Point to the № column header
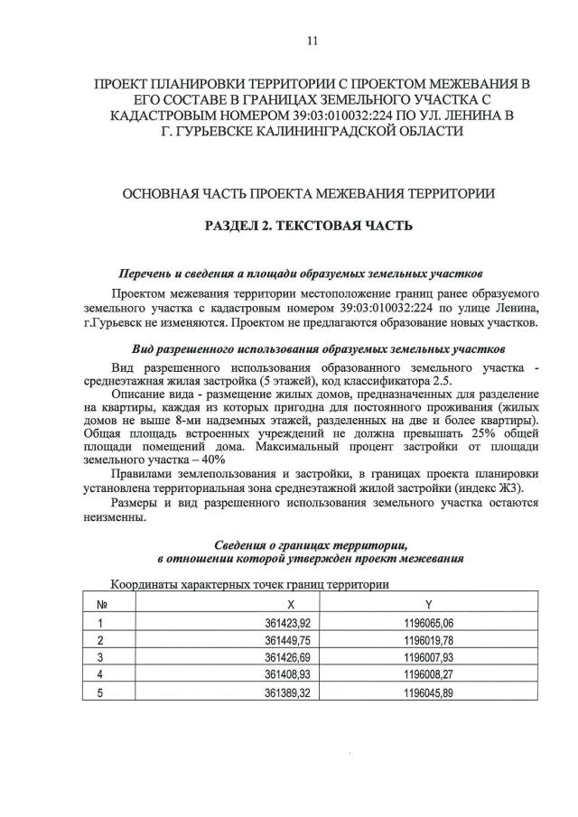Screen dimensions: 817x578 [102, 604]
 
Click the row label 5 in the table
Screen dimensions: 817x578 [101, 692]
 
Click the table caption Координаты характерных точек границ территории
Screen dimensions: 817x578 [248, 584]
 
